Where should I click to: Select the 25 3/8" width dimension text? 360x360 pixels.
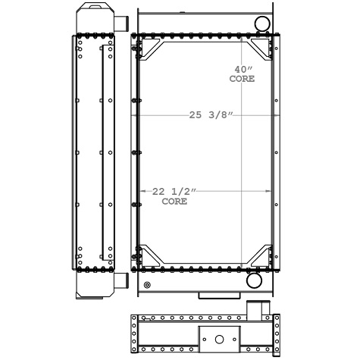tap(211, 115)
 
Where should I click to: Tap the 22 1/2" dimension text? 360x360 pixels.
tap(174, 192)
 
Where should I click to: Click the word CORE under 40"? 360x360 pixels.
tap(242, 79)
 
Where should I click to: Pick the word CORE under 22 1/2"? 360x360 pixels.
tap(174, 202)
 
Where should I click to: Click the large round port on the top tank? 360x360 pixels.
tap(262, 23)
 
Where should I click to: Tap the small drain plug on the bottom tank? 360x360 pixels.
tap(147, 285)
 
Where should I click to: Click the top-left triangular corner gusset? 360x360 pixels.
tap(151, 49)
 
